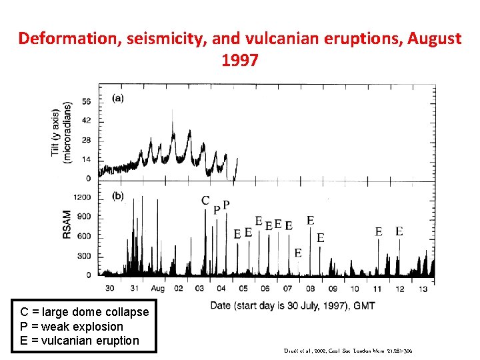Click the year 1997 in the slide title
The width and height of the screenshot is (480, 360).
coord(239,61)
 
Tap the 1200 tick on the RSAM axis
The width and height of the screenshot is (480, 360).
coord(82,197)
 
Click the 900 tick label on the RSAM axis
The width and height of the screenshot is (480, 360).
coord(84,217)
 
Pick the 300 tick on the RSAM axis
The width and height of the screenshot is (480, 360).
coord(84,256)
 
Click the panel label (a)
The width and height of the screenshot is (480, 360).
coord(117,98)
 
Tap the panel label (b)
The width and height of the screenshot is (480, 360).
coord(117,196)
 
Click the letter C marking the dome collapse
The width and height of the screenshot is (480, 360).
coord(206,201)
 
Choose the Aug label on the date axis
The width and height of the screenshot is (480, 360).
coord(157,288)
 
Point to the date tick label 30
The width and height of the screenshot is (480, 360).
coord(110,288)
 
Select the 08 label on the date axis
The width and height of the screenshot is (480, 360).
coord(310,288)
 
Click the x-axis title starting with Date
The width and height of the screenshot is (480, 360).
coord(292,305)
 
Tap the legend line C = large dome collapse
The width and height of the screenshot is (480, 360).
coord(85,312)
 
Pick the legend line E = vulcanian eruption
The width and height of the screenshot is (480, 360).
coord(80,341)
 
